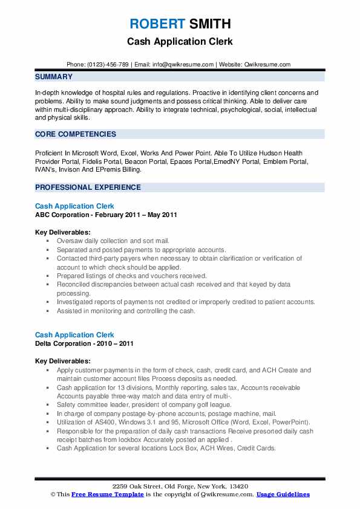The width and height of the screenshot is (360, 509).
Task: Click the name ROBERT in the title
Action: (157, 24)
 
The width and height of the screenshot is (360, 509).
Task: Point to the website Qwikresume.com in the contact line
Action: (267, 65)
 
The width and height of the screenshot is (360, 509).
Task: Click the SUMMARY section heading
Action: (54, 77)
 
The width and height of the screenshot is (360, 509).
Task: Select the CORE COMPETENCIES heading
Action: (75, 134)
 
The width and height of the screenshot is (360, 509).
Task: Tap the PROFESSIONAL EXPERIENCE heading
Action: (88, 187)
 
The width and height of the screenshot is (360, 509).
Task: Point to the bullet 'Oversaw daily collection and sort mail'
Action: (113, 241)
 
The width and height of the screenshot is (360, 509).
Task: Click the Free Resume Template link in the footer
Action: (100, 494)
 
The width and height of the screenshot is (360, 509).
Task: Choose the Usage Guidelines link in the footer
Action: (283, 494)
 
